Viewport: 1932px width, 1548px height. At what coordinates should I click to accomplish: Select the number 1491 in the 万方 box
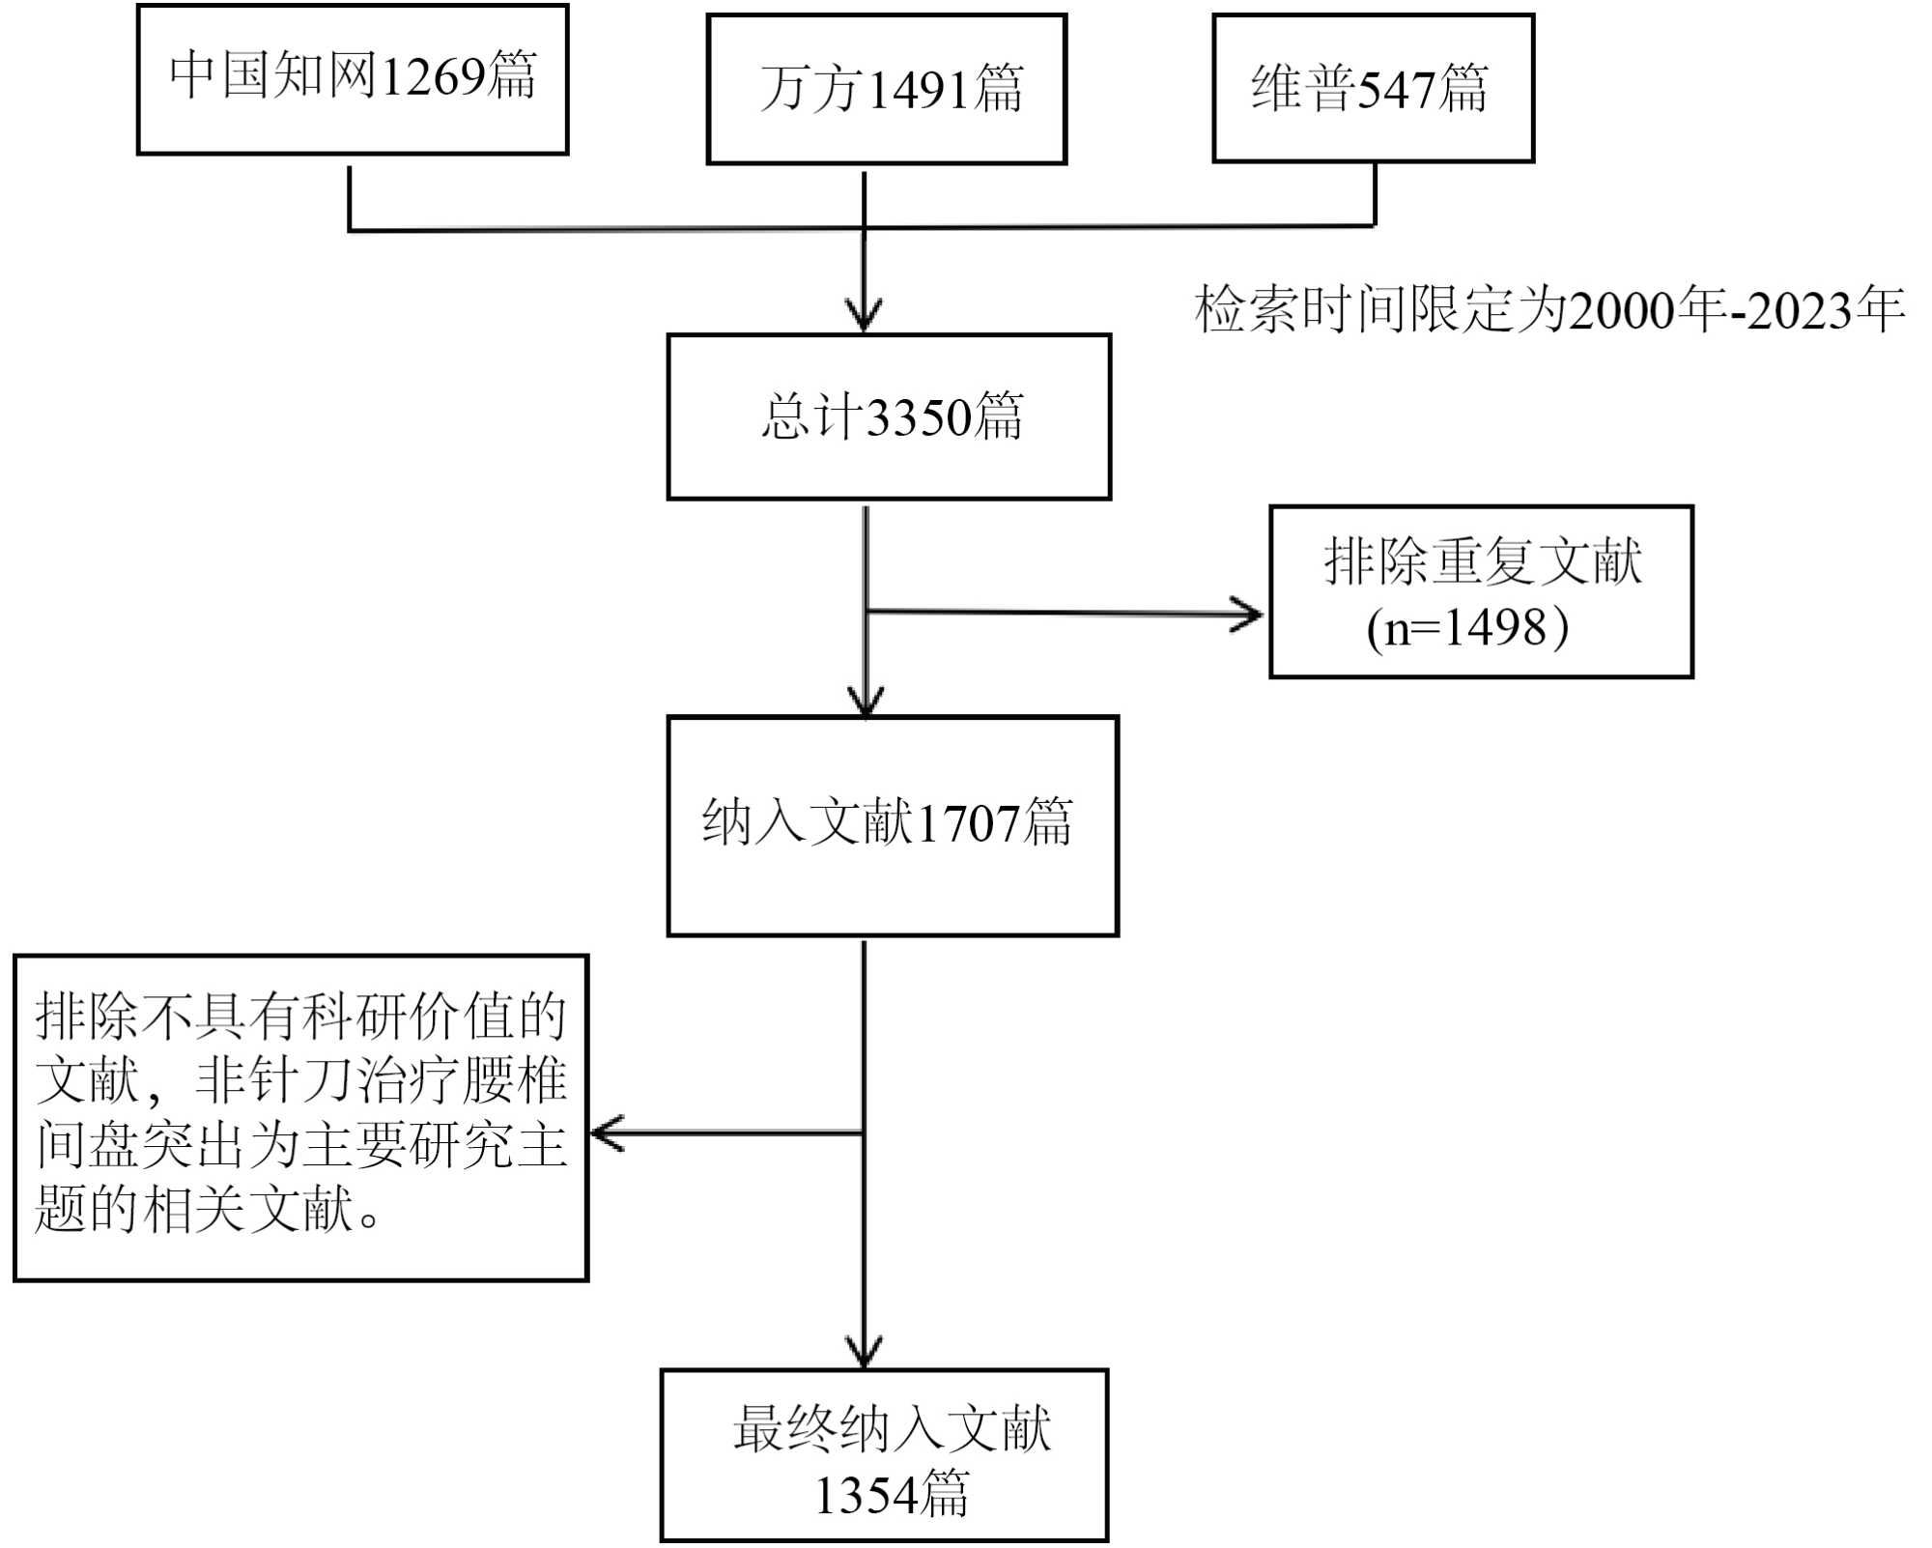[919, 90]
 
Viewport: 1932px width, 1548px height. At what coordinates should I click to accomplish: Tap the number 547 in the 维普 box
[1397, 90]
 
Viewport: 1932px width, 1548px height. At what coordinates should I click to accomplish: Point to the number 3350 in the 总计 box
[919, 417]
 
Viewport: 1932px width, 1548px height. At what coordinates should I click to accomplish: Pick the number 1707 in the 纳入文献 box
[968, 824]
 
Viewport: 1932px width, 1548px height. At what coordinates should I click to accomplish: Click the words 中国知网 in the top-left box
[273, 75]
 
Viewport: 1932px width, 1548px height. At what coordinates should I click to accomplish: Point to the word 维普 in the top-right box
[1304, 89]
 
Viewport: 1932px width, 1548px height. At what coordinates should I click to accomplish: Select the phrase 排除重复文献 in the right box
[1482, 562]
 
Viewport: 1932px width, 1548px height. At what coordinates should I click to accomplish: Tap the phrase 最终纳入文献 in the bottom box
[891, 1429]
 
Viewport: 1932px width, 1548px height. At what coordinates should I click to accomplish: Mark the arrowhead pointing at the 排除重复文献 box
[1249, 615]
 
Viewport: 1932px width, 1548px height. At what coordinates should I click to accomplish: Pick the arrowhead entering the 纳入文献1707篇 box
[866, 702]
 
